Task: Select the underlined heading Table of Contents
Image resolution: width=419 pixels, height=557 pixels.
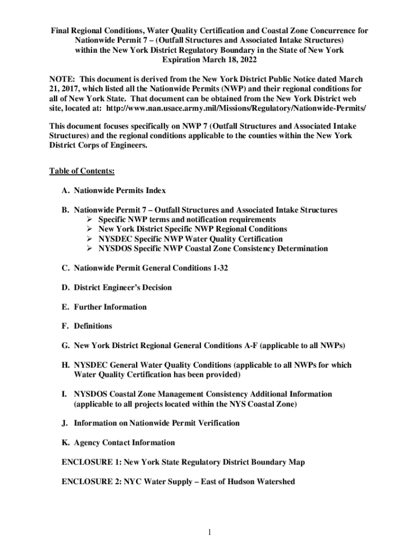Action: pos(82,171)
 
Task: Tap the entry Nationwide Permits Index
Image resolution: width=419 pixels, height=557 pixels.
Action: pos(120,190)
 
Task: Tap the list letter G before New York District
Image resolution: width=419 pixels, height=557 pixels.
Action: pos(65,345)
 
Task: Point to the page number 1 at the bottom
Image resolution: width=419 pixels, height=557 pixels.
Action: pos(209,531)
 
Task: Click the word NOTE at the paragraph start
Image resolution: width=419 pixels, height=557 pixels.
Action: pos(61,79)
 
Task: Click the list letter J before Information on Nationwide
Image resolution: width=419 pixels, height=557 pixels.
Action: pos(65,423)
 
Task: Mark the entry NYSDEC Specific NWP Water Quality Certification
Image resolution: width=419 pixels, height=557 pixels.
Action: pos(190,239)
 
